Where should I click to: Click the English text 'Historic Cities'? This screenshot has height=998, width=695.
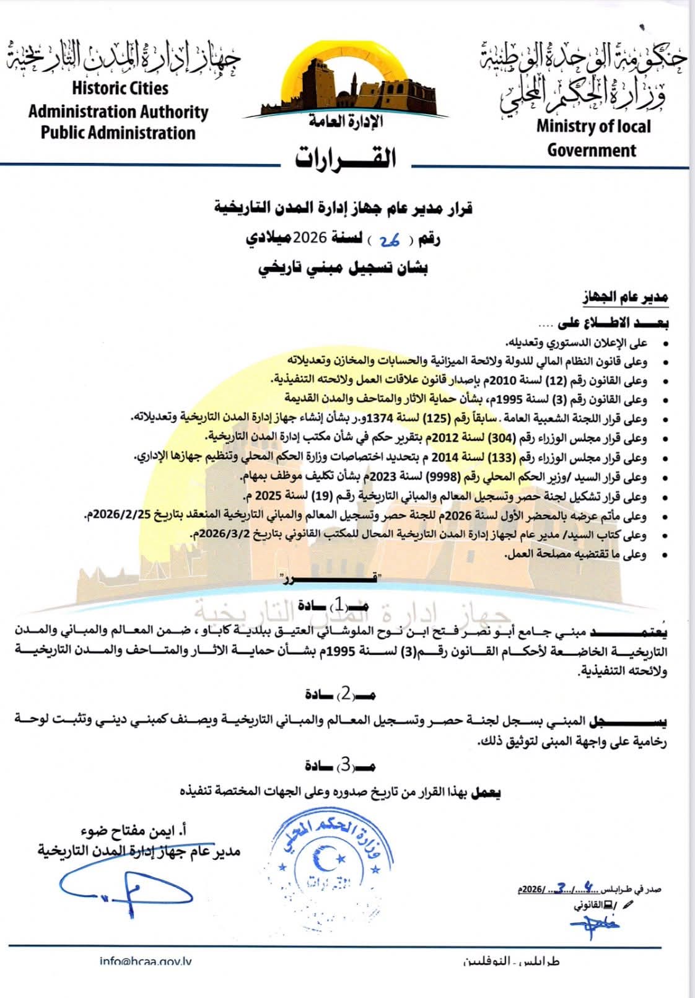(x=120, y=88)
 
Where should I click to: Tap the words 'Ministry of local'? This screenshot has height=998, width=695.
(x=593, y=126)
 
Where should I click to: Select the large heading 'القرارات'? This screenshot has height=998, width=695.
(x=345, y=158)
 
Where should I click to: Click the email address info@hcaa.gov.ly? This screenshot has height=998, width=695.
(x=149, y=961)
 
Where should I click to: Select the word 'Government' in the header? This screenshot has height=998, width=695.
(x=592, y=151)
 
